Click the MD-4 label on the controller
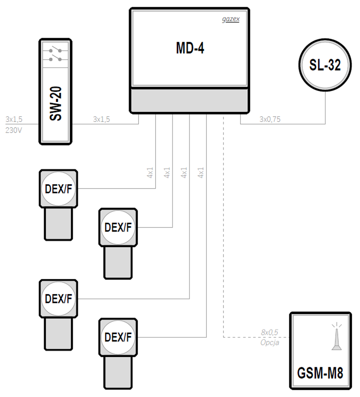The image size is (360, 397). (190, 48)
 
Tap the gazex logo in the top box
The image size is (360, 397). (231, 19)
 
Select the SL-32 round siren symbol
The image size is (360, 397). (325, 65)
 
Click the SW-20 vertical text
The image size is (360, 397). (56, 104)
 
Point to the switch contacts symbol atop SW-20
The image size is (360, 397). (56, 55)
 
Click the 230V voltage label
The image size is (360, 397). (13, 130)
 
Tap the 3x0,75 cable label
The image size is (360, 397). (270, 119)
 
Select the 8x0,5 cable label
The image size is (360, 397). (270, 332)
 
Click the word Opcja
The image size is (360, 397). (270, 343)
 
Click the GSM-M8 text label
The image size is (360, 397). (320, 373)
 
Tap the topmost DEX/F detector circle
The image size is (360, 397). (58, 189)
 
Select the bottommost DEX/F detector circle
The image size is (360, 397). (118, 337)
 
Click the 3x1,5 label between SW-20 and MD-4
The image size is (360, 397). (102, 119)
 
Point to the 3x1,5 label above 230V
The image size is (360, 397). (14, 119)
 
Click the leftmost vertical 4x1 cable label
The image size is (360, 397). (150, 172)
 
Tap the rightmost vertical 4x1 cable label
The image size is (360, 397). (201, 172)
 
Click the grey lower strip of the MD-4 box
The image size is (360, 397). (190, 100)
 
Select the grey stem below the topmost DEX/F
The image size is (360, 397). (58, 224)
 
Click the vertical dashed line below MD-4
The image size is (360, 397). (223, 227)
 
